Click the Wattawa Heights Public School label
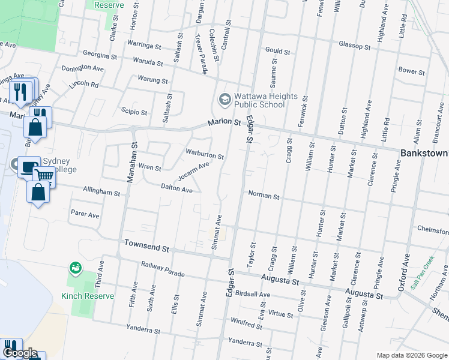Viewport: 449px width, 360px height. click(266, 100)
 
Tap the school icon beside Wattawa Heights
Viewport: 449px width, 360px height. click(224, 100)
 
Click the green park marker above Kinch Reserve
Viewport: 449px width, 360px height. click(75, 268)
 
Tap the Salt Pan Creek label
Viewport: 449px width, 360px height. click(423, 274)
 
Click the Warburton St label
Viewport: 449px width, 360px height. click(205, 154)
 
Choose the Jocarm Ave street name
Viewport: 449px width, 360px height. click(193, 172)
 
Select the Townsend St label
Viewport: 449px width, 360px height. click(147, 245)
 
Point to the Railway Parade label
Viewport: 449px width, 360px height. click(163, 268)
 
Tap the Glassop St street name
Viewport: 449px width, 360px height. click(354, 46)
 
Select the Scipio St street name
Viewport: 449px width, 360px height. click(134, 112)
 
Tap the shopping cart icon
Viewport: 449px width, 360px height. click(44, 175)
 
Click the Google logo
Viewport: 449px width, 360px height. click(19, 353)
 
